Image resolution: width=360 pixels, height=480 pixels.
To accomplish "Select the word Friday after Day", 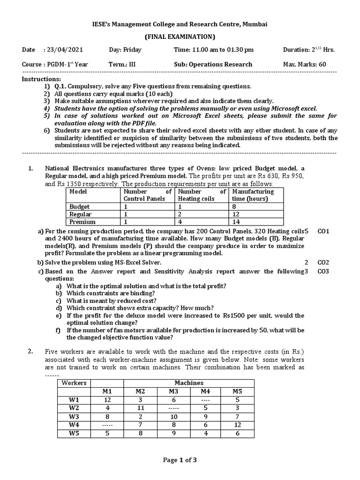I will [x=132, y=50].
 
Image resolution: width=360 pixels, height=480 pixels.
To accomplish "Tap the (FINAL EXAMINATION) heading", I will [x=180, y=37].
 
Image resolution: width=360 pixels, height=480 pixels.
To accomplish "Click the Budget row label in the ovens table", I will [x=80, y=207].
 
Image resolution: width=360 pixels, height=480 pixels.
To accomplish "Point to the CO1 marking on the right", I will [x=324, y=231].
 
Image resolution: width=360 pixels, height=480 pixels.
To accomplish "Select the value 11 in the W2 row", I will [x=140, y=408].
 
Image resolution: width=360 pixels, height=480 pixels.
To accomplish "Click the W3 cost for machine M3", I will [x=173, y=416].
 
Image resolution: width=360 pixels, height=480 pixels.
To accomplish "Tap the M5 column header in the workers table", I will [x=238, y=391].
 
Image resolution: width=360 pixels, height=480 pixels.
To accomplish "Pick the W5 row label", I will [x=74, y=434].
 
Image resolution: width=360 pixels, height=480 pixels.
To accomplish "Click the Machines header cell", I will [x=188, y=383].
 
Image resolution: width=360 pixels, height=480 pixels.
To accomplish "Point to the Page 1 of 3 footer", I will [x=180, y=460].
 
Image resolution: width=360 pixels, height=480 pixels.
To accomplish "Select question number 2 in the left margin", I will [x=30, y=351].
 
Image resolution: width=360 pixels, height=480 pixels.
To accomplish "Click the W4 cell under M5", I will [x=238, y=425].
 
